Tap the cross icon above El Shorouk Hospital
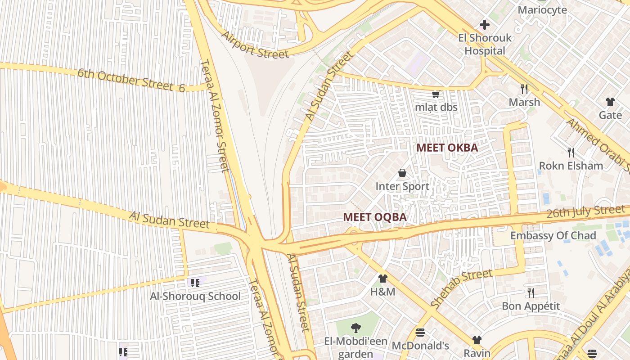pos(485,24)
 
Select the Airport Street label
pos(254,45)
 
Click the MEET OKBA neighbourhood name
pos(447,148)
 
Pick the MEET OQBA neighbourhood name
pos(374,217)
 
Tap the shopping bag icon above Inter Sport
pos(402,173)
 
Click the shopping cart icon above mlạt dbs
pos(436,94)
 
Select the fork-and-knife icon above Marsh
pos(524,88)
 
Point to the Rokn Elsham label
pos(571,166)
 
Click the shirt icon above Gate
pos(610,102)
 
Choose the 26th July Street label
pos(585,211)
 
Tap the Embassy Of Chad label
pos(553,235)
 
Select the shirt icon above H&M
pos(382,279)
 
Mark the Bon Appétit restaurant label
pos(531,306)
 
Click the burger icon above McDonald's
pos(420,333)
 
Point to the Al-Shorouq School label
pos(195,296)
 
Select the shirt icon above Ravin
pos(477,340)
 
